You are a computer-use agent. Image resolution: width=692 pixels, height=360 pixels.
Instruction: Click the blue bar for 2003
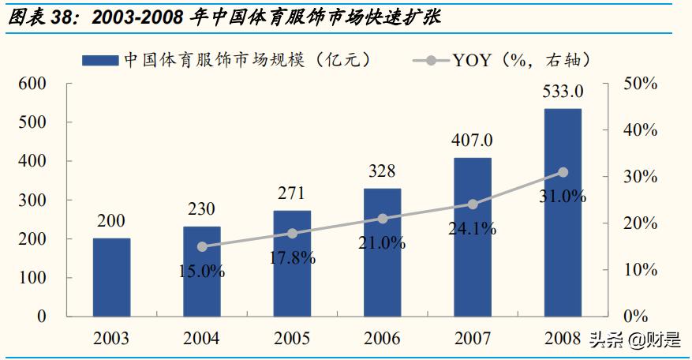coord(111,277)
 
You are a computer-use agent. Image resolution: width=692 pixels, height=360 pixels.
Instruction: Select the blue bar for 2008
coord(563,212)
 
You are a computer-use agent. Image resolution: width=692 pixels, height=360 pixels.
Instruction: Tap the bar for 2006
coord(382,252)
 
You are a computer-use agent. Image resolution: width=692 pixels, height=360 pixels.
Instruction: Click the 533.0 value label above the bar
coord(563,92)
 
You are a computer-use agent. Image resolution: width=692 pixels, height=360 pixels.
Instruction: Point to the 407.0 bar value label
coord(472,141)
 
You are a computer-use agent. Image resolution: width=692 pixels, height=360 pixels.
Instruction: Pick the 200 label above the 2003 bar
coord(111,221)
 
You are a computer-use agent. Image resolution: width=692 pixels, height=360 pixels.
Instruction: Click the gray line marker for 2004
coord(202,247)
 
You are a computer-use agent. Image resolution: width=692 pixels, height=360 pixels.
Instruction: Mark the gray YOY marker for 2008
coord(563,172)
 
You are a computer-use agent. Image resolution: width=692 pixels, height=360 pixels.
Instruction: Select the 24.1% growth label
coord(472,230)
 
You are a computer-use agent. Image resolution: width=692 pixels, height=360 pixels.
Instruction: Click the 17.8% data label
coord(292,257)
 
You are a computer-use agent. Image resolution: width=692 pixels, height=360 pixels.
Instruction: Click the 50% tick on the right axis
coord(640,84)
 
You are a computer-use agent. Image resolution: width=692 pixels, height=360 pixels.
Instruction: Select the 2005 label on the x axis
coord(292,339)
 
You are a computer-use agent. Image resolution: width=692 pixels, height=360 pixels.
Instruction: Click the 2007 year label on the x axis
coord(472,339)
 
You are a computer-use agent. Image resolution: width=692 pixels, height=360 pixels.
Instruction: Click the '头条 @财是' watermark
coord(634,340)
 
